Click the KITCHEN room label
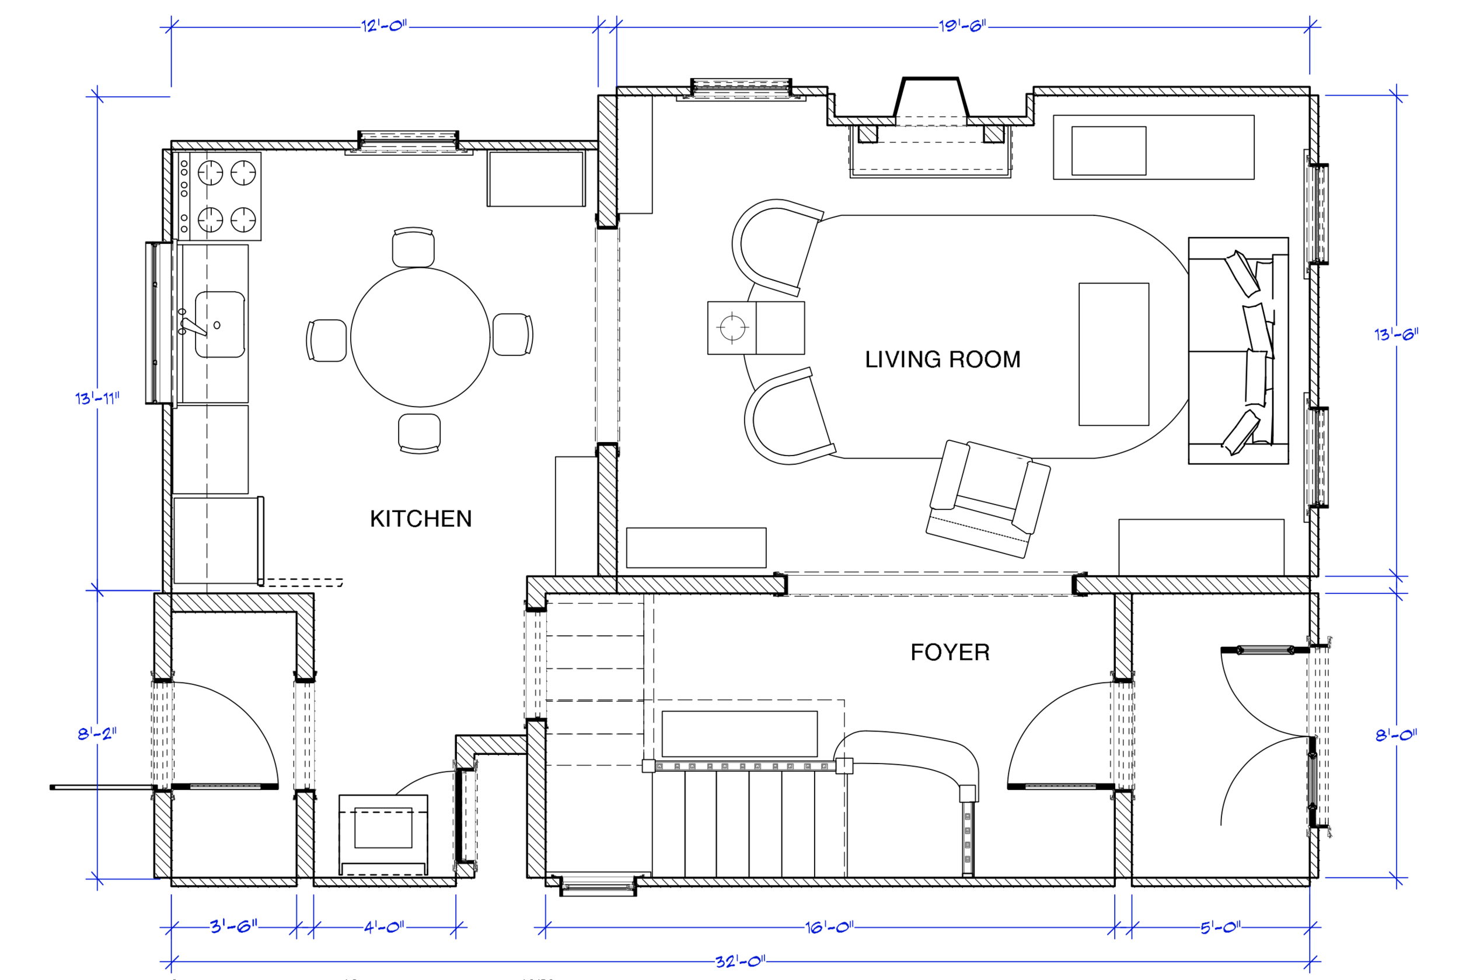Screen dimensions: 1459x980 (421, 519)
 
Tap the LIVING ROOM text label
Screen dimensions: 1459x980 (943, 359)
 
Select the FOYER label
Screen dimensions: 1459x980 (950, 653)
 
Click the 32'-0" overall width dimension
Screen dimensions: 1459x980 (740, 961)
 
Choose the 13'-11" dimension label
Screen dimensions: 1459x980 (97, 398)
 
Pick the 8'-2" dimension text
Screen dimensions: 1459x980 (97, 733)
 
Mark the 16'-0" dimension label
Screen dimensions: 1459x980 (829, 928)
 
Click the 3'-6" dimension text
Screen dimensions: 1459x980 (234, 926)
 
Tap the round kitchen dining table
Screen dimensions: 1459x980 (420, 338)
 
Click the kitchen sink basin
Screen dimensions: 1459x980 (219, 324)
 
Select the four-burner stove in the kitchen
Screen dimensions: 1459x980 (219, 196)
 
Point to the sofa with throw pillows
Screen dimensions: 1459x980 (1238, 351)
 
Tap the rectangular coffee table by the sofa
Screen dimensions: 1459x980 (1114, 355)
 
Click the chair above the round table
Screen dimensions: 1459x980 (413, 247)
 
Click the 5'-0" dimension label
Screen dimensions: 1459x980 (1221, 928)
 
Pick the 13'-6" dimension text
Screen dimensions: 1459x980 (1397, 334)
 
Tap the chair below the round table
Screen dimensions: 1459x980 (420, 433)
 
